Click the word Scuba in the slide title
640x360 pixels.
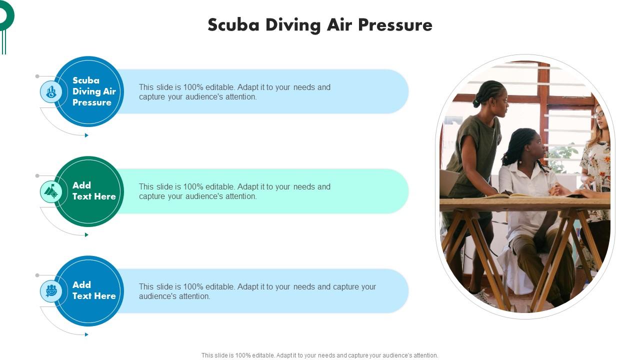[233, 25]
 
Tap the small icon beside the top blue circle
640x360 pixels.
[51, 92]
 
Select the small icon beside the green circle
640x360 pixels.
[51, 191]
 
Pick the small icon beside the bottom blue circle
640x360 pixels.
[51, 291]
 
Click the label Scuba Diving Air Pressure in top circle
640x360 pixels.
[94, 91]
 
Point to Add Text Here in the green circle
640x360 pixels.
[94, 191]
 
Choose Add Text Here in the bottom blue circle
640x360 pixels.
[94, 290]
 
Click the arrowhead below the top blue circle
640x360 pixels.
[86, 135]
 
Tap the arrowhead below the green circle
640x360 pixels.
[86, 235]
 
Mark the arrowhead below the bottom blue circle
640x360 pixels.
[86, 334]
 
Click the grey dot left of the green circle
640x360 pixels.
[37, 176]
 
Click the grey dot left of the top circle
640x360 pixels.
[37, 76]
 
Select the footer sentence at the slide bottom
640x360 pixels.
[320, 355]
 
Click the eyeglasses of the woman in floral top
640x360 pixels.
[599, 115]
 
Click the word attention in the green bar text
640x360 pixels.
[239, 196]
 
